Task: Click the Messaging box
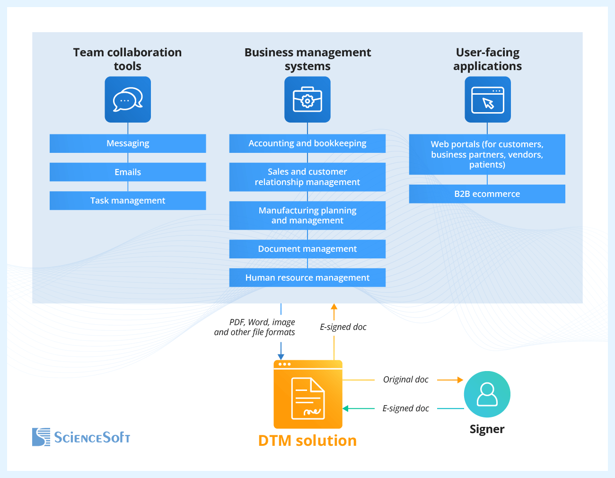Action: click(x=128, y=143)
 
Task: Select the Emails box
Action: click(x=128, y=172)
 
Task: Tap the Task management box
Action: click(x=128, y=201)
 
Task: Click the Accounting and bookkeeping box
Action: click(x=307, y=143)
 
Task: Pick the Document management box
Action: click(x=307, y=249)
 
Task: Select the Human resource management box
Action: click(x=307, y=278)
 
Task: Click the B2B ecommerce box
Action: click(x=487, y=194)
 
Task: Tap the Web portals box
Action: click(x=487, y=154)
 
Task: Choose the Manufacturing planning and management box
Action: click(x=307, y=215)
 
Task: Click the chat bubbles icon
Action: click(x=128, y=99)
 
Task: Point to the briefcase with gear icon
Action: click(x=307, y=99)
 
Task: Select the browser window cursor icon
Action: click(x=488, y=99)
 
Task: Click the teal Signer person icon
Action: click(x=487, y=394)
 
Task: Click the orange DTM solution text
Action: click(x=307, y=441)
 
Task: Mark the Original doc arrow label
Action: click(x=405, y=380)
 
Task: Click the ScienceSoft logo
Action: click(x=81, y=437)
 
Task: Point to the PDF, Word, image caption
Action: click(x=255, y=327)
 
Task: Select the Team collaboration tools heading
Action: click(x=127, y=59)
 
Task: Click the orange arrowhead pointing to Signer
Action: click(x=460, y=380)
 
